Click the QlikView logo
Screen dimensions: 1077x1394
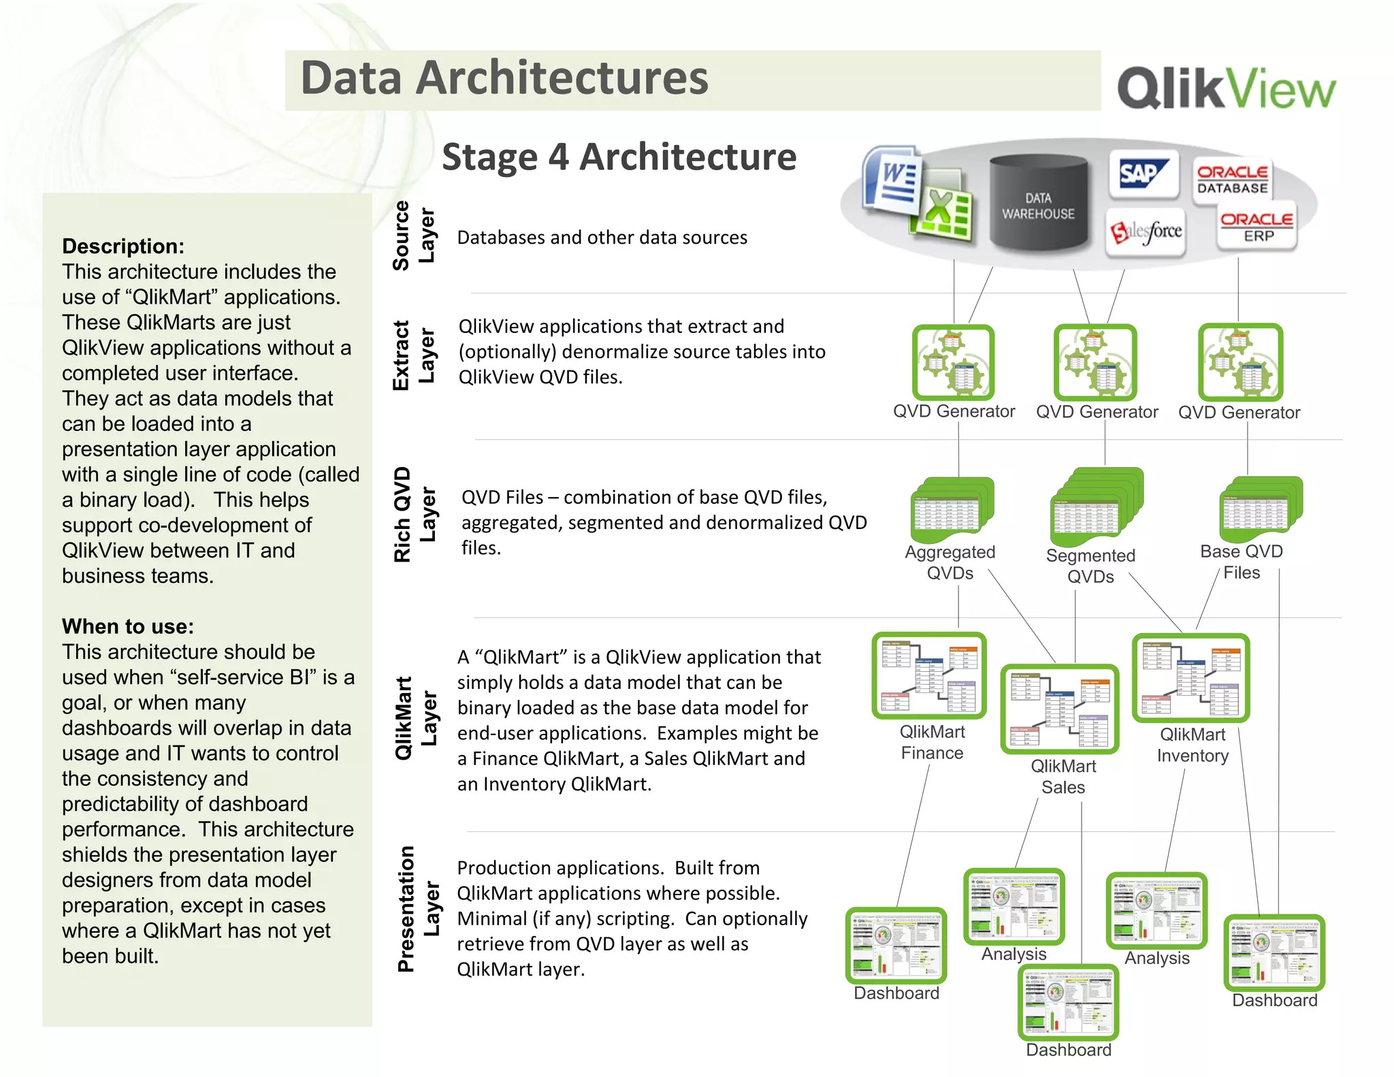point(1226,87)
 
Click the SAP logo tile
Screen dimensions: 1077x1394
point(1144,174)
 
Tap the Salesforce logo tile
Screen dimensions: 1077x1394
point(1146,232)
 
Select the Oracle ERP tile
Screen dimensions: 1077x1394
point(1257,227)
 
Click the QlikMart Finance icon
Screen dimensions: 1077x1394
point(929,675)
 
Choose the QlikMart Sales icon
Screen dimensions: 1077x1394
point(1060,709)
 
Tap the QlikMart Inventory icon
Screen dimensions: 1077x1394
point(1190,677)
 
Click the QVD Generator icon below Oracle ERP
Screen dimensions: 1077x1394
point(1240,362)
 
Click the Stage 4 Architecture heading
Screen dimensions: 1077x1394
point(619,157)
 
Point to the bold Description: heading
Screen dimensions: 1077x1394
point(123,246)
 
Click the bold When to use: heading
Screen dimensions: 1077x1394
point(128,626)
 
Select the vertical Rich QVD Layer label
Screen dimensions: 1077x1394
point(414,515)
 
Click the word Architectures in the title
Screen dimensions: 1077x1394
point(562,78)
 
